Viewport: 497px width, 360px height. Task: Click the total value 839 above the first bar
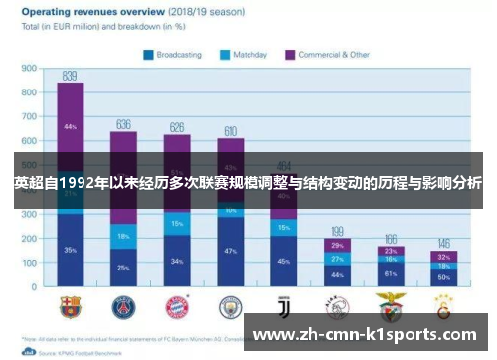click(x=70, y=75)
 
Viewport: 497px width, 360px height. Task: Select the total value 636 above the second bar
click(x=123, y=124)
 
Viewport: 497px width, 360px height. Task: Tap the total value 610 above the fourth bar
click(x=230, y=130)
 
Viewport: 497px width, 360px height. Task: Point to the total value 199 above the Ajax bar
click(x=337, y=230)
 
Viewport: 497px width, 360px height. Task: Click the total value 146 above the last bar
click(x=443, y=243)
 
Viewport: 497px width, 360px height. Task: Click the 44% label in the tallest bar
click(x=70, y=127)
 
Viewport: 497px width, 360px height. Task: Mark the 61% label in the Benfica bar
click(x=391, y=273)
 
